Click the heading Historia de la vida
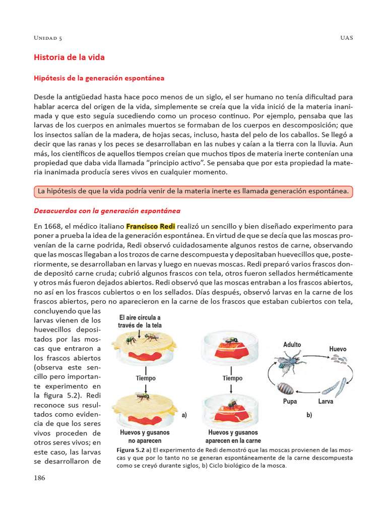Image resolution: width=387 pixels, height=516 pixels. [x=69, y=57]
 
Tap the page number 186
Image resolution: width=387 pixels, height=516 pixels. [x=39, y=478]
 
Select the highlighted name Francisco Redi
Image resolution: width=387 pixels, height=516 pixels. [x=150, y=226]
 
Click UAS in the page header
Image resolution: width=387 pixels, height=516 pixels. [x=347, y=38]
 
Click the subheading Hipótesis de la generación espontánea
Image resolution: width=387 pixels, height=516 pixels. [x=99, y=79]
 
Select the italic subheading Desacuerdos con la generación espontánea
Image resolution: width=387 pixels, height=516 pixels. [x=107, y=211]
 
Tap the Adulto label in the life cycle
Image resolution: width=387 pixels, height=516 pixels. [x=292, y=345]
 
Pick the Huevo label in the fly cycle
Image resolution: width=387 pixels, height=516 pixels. [x=338, y=349]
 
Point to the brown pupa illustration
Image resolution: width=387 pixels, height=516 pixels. [x=286, y=388]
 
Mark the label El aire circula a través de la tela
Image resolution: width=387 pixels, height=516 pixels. [x=139, y=321]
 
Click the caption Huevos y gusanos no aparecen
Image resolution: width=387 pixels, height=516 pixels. [x=145, y=436]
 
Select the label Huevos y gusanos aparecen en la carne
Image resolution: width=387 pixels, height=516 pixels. [x=232, y=436]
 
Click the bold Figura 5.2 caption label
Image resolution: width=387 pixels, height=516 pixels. [x=131, y=449]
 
